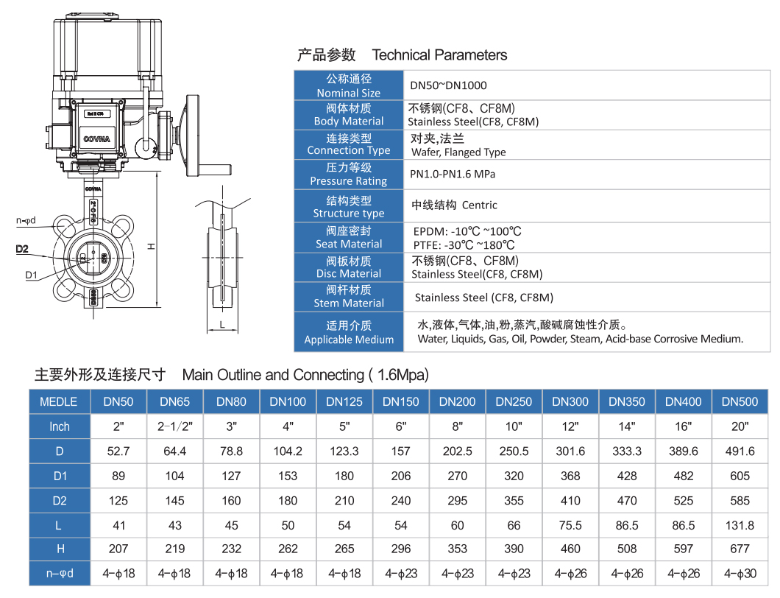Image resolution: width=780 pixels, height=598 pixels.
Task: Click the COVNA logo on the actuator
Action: tap(96, 139)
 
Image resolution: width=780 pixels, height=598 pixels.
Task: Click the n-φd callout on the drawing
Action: tap(26, 220)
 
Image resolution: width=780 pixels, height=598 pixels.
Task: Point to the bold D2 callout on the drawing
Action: tap(22, 249)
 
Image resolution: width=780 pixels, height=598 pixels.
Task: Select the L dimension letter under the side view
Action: tap(222, 325)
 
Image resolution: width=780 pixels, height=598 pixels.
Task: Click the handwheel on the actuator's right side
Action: tap(193, 136)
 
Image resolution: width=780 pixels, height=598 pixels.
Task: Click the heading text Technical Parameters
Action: tap(439, 54)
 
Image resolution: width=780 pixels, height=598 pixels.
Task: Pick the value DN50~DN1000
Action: tap(448, 85)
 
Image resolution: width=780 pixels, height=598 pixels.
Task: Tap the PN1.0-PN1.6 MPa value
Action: tap(453, 175)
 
